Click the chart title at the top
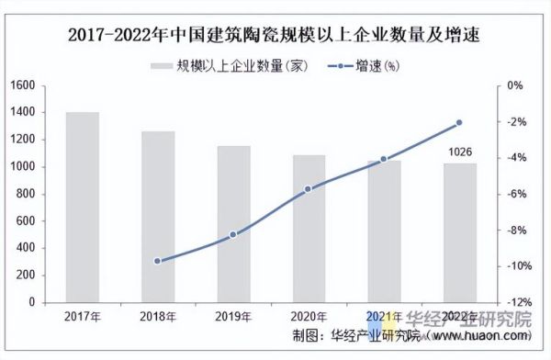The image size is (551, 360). pyautogui.click(x=275, y=36)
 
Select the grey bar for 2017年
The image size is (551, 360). pyautogui.click(x=83, y=208)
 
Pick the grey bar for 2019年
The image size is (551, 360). pyautogui.click(x=233, y=224)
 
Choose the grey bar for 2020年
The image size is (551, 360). pyautogui.click(x=309, y=229)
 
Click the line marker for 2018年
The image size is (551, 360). pyautogui.click(x=157, y=261)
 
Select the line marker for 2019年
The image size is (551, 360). pyautogui.click(x=233, y=234)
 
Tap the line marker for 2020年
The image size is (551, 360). pyautogui.click(x=309, y=189)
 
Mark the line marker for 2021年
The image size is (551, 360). pyautogui.click(x=384, y=160)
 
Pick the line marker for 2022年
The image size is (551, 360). pyautogui.click(x=460, y=122)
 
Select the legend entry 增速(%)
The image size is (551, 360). pyautogui.click(x=367, y=65)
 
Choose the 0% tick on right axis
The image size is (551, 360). pyautogui.click(x=515, y=85)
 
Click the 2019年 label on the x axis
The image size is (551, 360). pyautogui.click(x=233, y=317)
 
